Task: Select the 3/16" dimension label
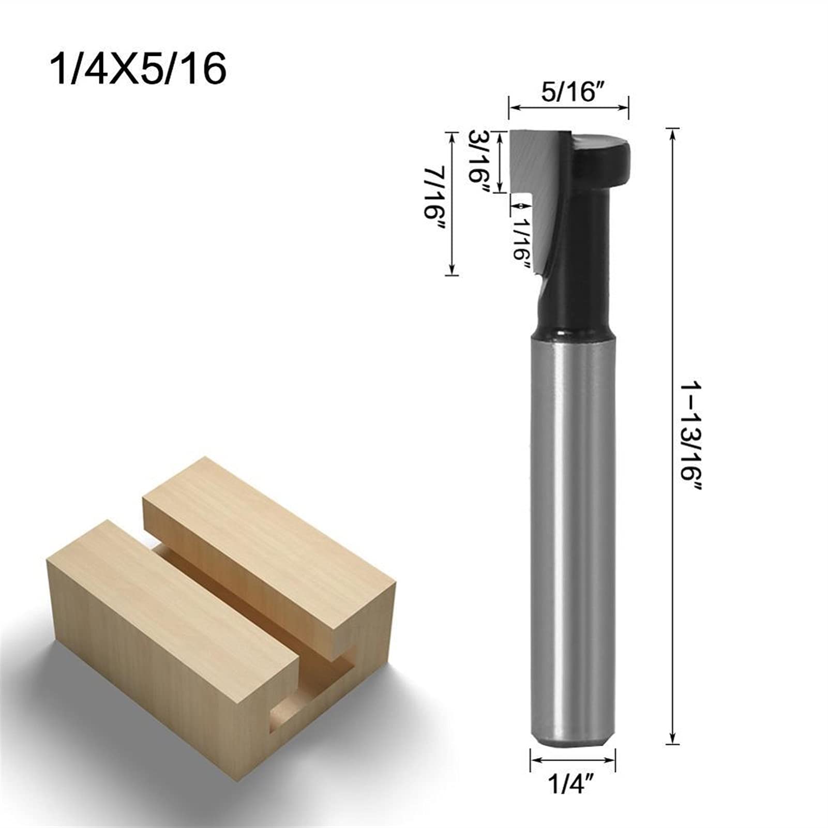click(479, 161)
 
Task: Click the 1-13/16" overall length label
click(691, 437)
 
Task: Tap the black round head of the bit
click(603, 155)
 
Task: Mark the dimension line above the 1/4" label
click(573, 774)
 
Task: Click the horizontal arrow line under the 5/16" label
click(568, 107)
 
